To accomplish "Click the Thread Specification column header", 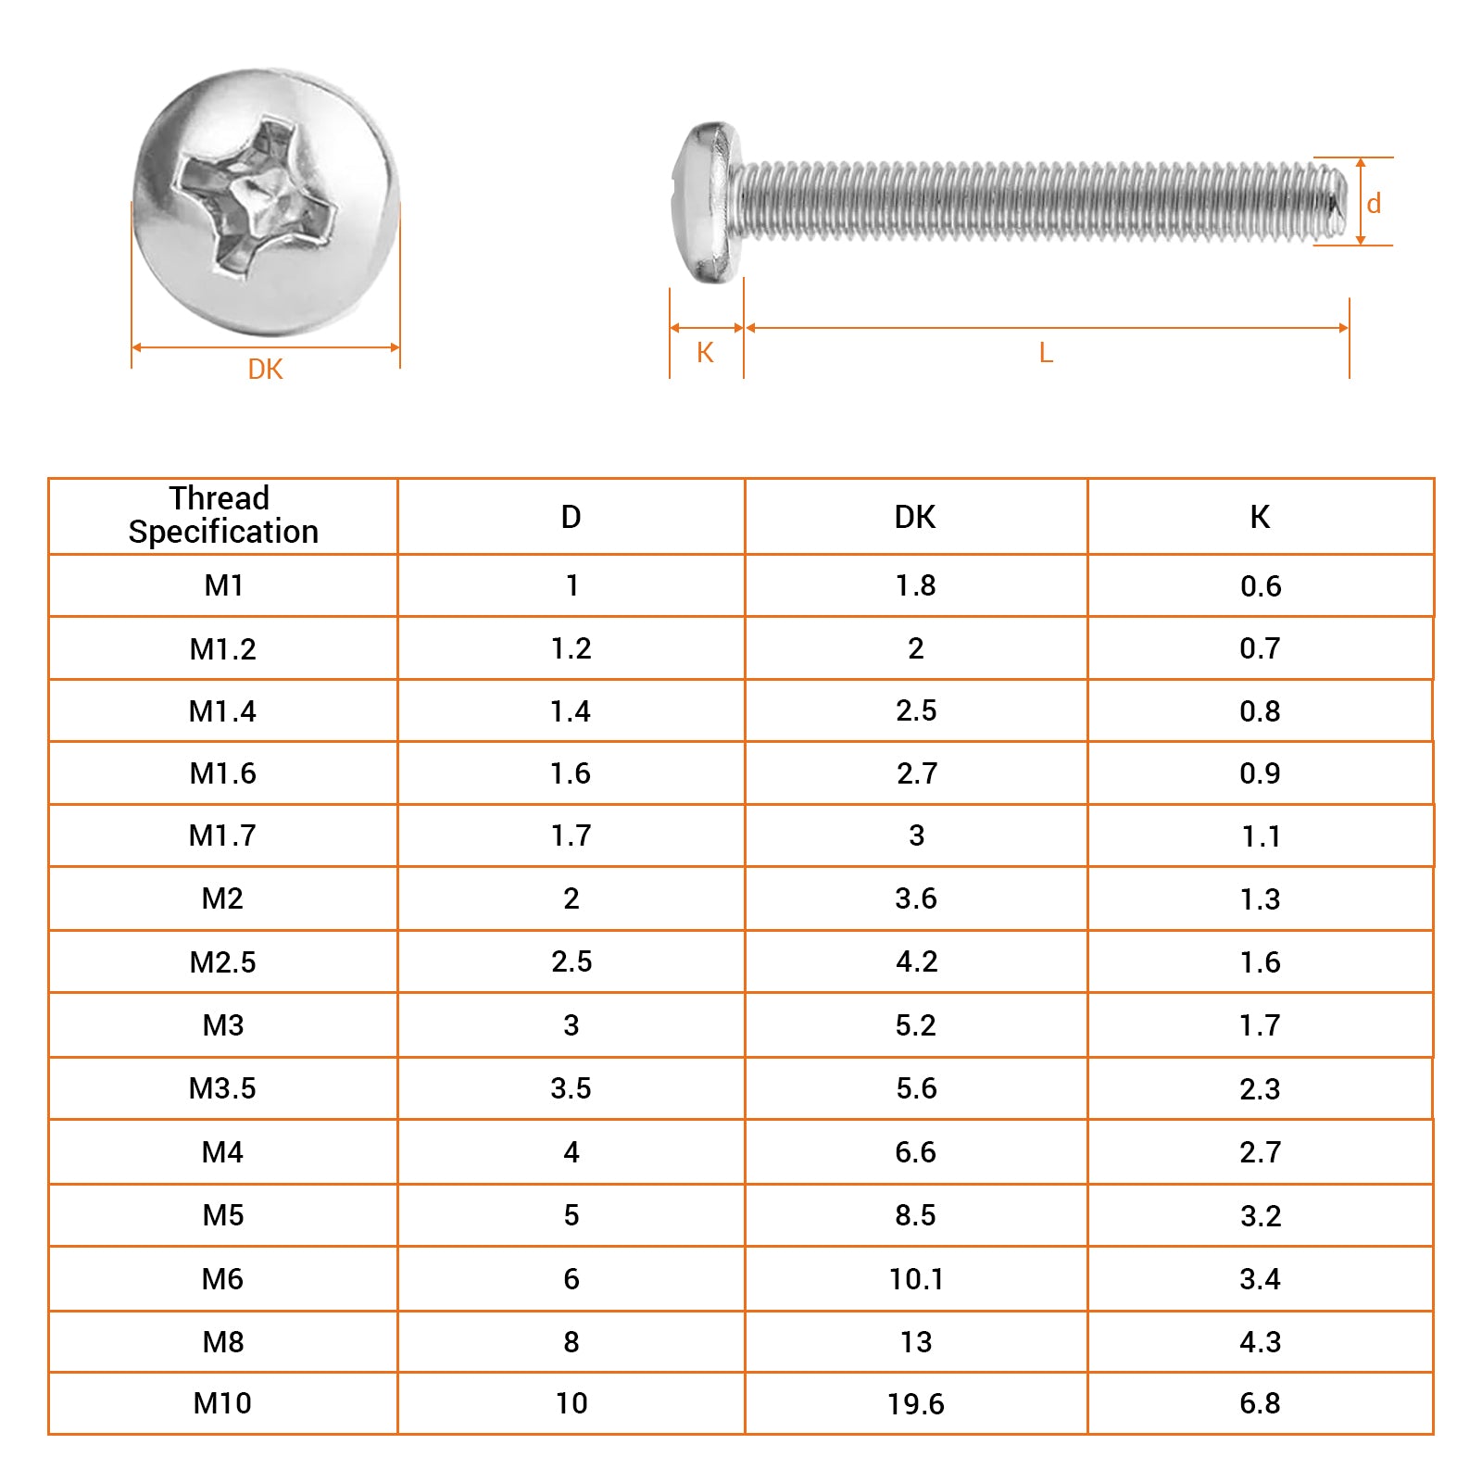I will [x=222, y=515].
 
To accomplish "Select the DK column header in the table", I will [x=914, y=517].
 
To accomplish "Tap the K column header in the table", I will [x=1260, y=517].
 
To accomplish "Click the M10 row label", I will [x=222, y=1403].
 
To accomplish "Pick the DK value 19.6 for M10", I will [x=915, y=1404].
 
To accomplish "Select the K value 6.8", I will [x=1260, y=1403].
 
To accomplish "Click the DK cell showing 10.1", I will [x=915, y=1279].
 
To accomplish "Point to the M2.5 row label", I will [x=222, y=962].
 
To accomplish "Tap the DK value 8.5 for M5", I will [x=915, y=1215].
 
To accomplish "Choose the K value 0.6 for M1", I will [x=1260, y=586].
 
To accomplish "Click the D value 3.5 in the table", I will [x=571, y=1088].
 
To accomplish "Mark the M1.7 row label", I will [x=222, y=835].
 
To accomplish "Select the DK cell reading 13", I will [x=915, y=1342].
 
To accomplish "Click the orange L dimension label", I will [x=1046, y=353].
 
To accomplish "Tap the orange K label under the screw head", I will [x=705, y=353].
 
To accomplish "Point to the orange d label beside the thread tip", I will [x=1374, y=204].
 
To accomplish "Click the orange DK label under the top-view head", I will [x=265, y=370].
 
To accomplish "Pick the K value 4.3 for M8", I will [x=1260, y=1342].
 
